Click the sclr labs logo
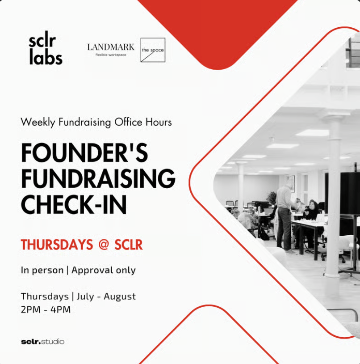(x=46, y=47)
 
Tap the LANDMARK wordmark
(x=111, y=47)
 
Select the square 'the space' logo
(x=153, y=50)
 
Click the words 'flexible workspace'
(x=111, y=55)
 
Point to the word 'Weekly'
(x=38, y=123)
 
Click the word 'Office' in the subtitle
(x=128, y=122)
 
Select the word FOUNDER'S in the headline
(x=84, y=153)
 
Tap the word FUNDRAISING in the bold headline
(x=98, y=178)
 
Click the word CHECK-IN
(x=74, y=204)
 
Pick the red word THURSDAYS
(x=57, y=245)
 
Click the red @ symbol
(x=103, y=245)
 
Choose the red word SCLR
(x=129, y=245)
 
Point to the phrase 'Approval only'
(x=104, y=270)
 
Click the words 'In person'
(x=42, y=271)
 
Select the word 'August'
(x=120, y=296)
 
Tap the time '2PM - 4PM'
(x=46, y=310)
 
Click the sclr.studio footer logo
(x=42, y=342)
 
